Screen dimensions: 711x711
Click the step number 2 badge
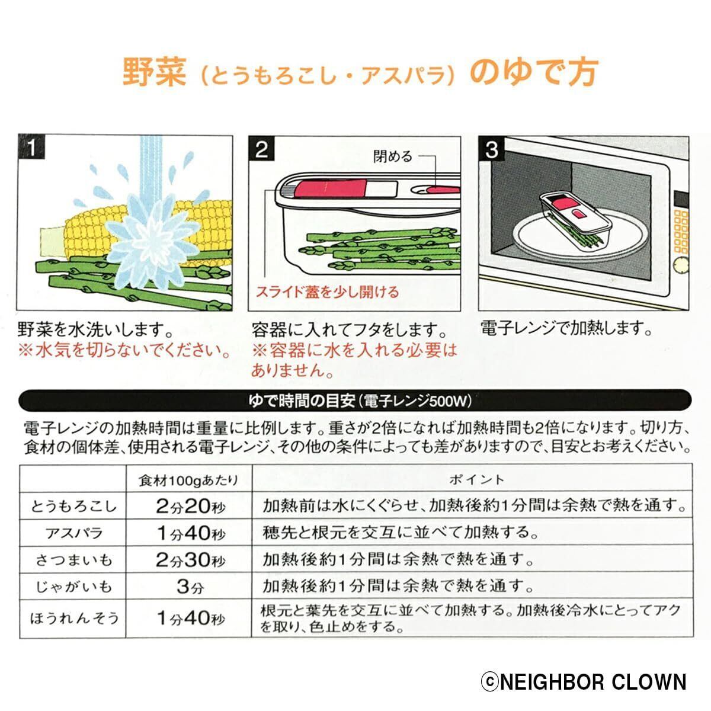262,149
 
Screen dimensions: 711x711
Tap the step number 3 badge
492,149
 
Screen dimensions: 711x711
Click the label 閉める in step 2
392,156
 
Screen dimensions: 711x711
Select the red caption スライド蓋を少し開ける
327,292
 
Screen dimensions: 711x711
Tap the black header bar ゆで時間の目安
360,401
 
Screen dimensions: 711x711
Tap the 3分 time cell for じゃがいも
190,587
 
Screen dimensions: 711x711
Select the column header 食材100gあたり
188,479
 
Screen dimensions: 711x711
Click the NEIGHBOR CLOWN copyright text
583,682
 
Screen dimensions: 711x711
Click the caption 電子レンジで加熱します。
566,329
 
